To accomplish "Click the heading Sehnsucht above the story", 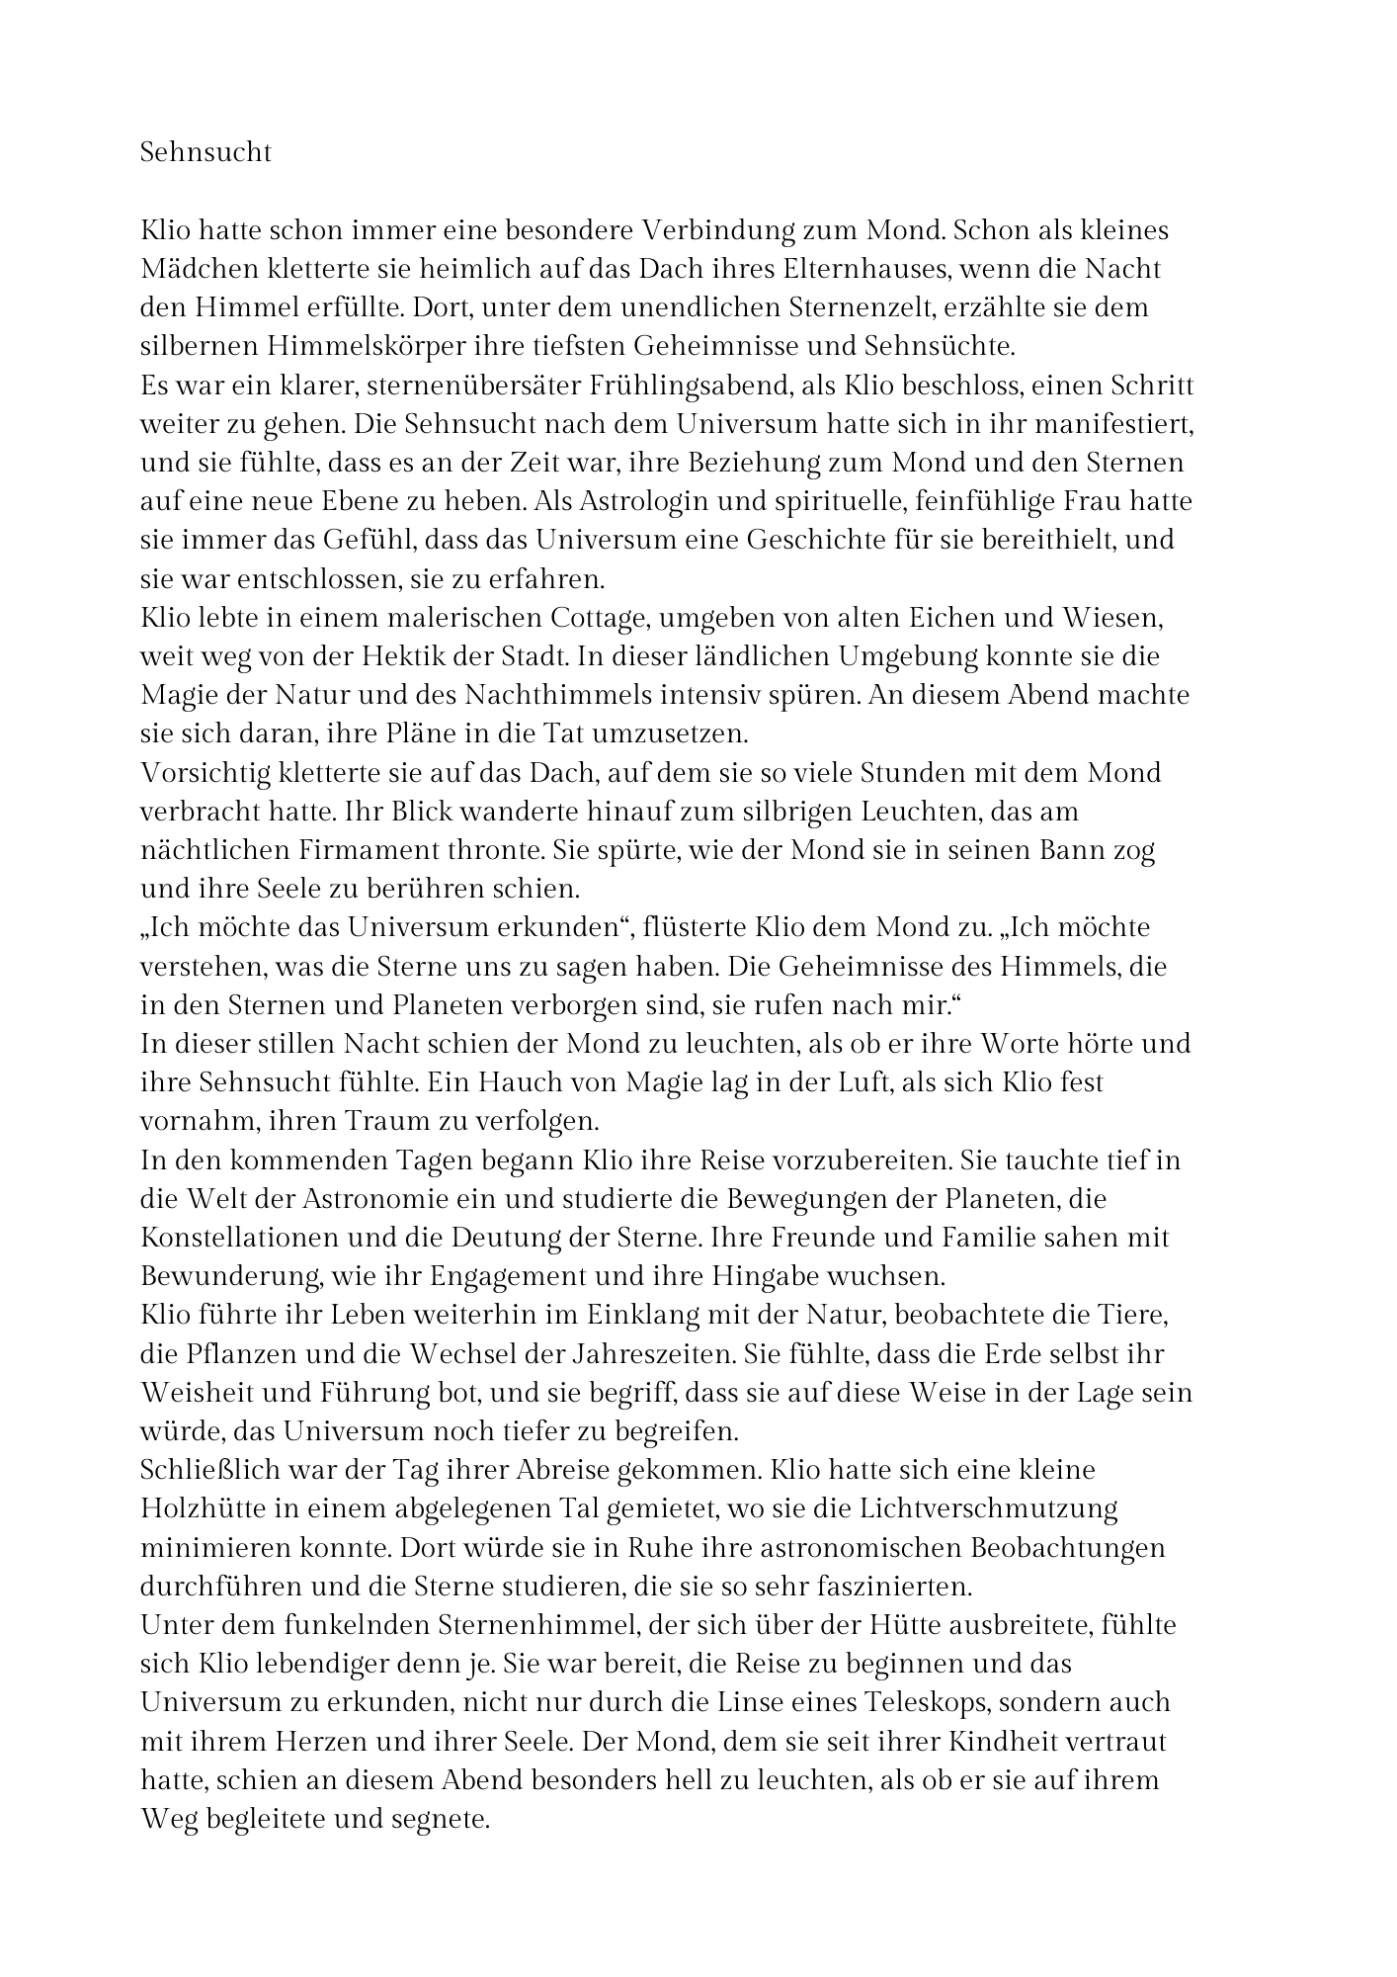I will coord(205,153).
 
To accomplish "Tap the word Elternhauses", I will coord(865,269).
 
